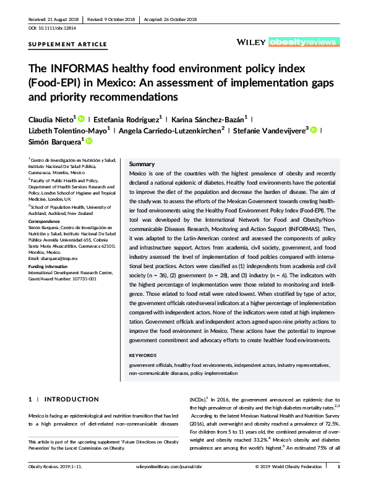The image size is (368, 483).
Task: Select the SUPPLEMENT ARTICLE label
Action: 68,44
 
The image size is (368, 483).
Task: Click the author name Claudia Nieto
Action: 51,119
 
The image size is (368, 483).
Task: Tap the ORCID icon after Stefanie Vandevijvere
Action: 314,130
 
